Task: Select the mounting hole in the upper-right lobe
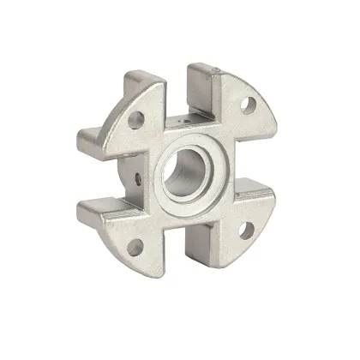pyautogui.click(x=249, y=106)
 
